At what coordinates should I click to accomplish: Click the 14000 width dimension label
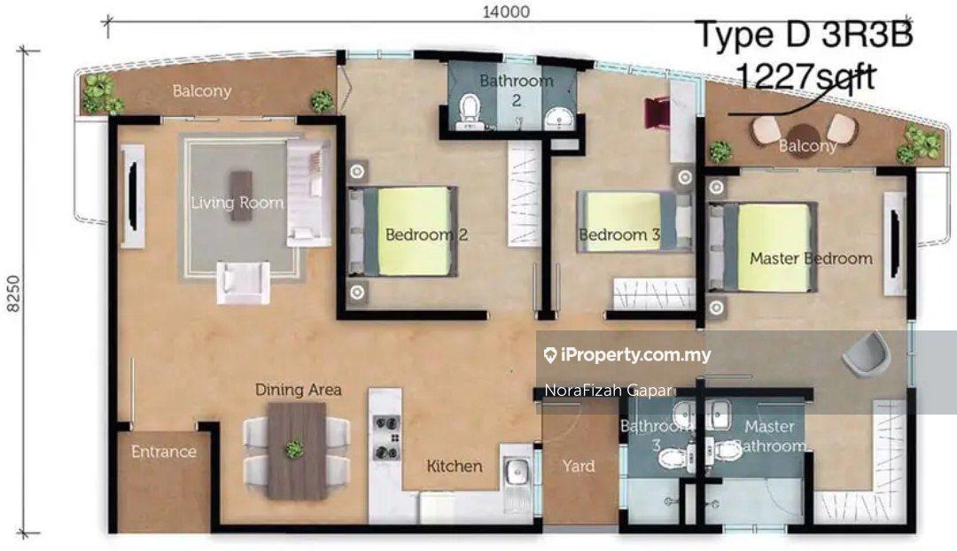506,12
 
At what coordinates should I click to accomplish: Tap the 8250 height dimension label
13,293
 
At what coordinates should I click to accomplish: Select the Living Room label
237,203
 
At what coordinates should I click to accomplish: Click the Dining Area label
298,389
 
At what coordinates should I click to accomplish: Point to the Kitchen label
454,466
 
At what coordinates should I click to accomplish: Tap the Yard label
578,466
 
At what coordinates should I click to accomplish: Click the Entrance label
164,452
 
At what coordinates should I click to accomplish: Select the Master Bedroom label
811,258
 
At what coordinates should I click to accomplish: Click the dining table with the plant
297,451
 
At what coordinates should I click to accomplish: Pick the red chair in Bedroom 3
657,113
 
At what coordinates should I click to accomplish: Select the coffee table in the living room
240,187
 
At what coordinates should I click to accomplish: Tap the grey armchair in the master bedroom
863,352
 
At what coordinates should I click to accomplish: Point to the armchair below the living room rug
243,283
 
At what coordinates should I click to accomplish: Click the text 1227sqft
805,77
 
